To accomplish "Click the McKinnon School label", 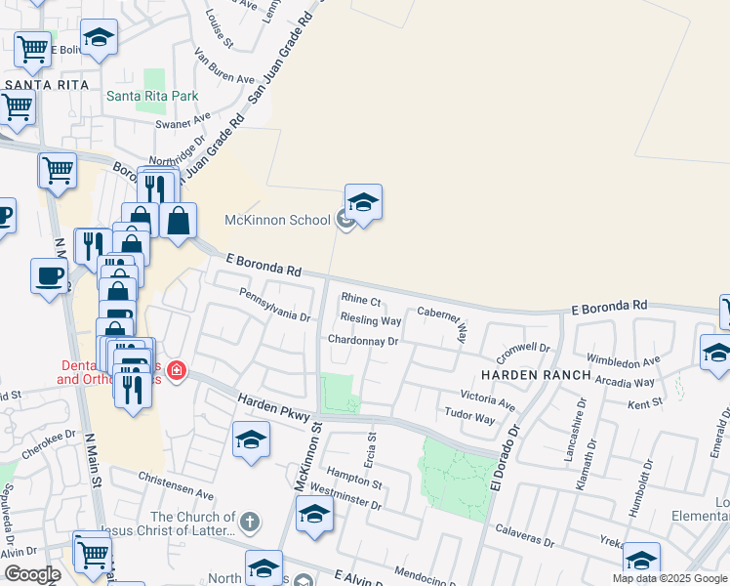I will click(278, 220).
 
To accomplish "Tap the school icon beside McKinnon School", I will click(363, 203).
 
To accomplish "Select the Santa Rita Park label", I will click(152, 96).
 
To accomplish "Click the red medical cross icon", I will click(176, 371).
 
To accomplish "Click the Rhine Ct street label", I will click(360, 300).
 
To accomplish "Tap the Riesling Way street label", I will click(371, 320).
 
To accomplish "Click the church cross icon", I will click(250, 523).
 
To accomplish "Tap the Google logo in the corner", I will click(32, 574).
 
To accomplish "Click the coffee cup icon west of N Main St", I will click(48, 276).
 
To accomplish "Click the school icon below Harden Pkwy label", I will click(251, 440).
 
